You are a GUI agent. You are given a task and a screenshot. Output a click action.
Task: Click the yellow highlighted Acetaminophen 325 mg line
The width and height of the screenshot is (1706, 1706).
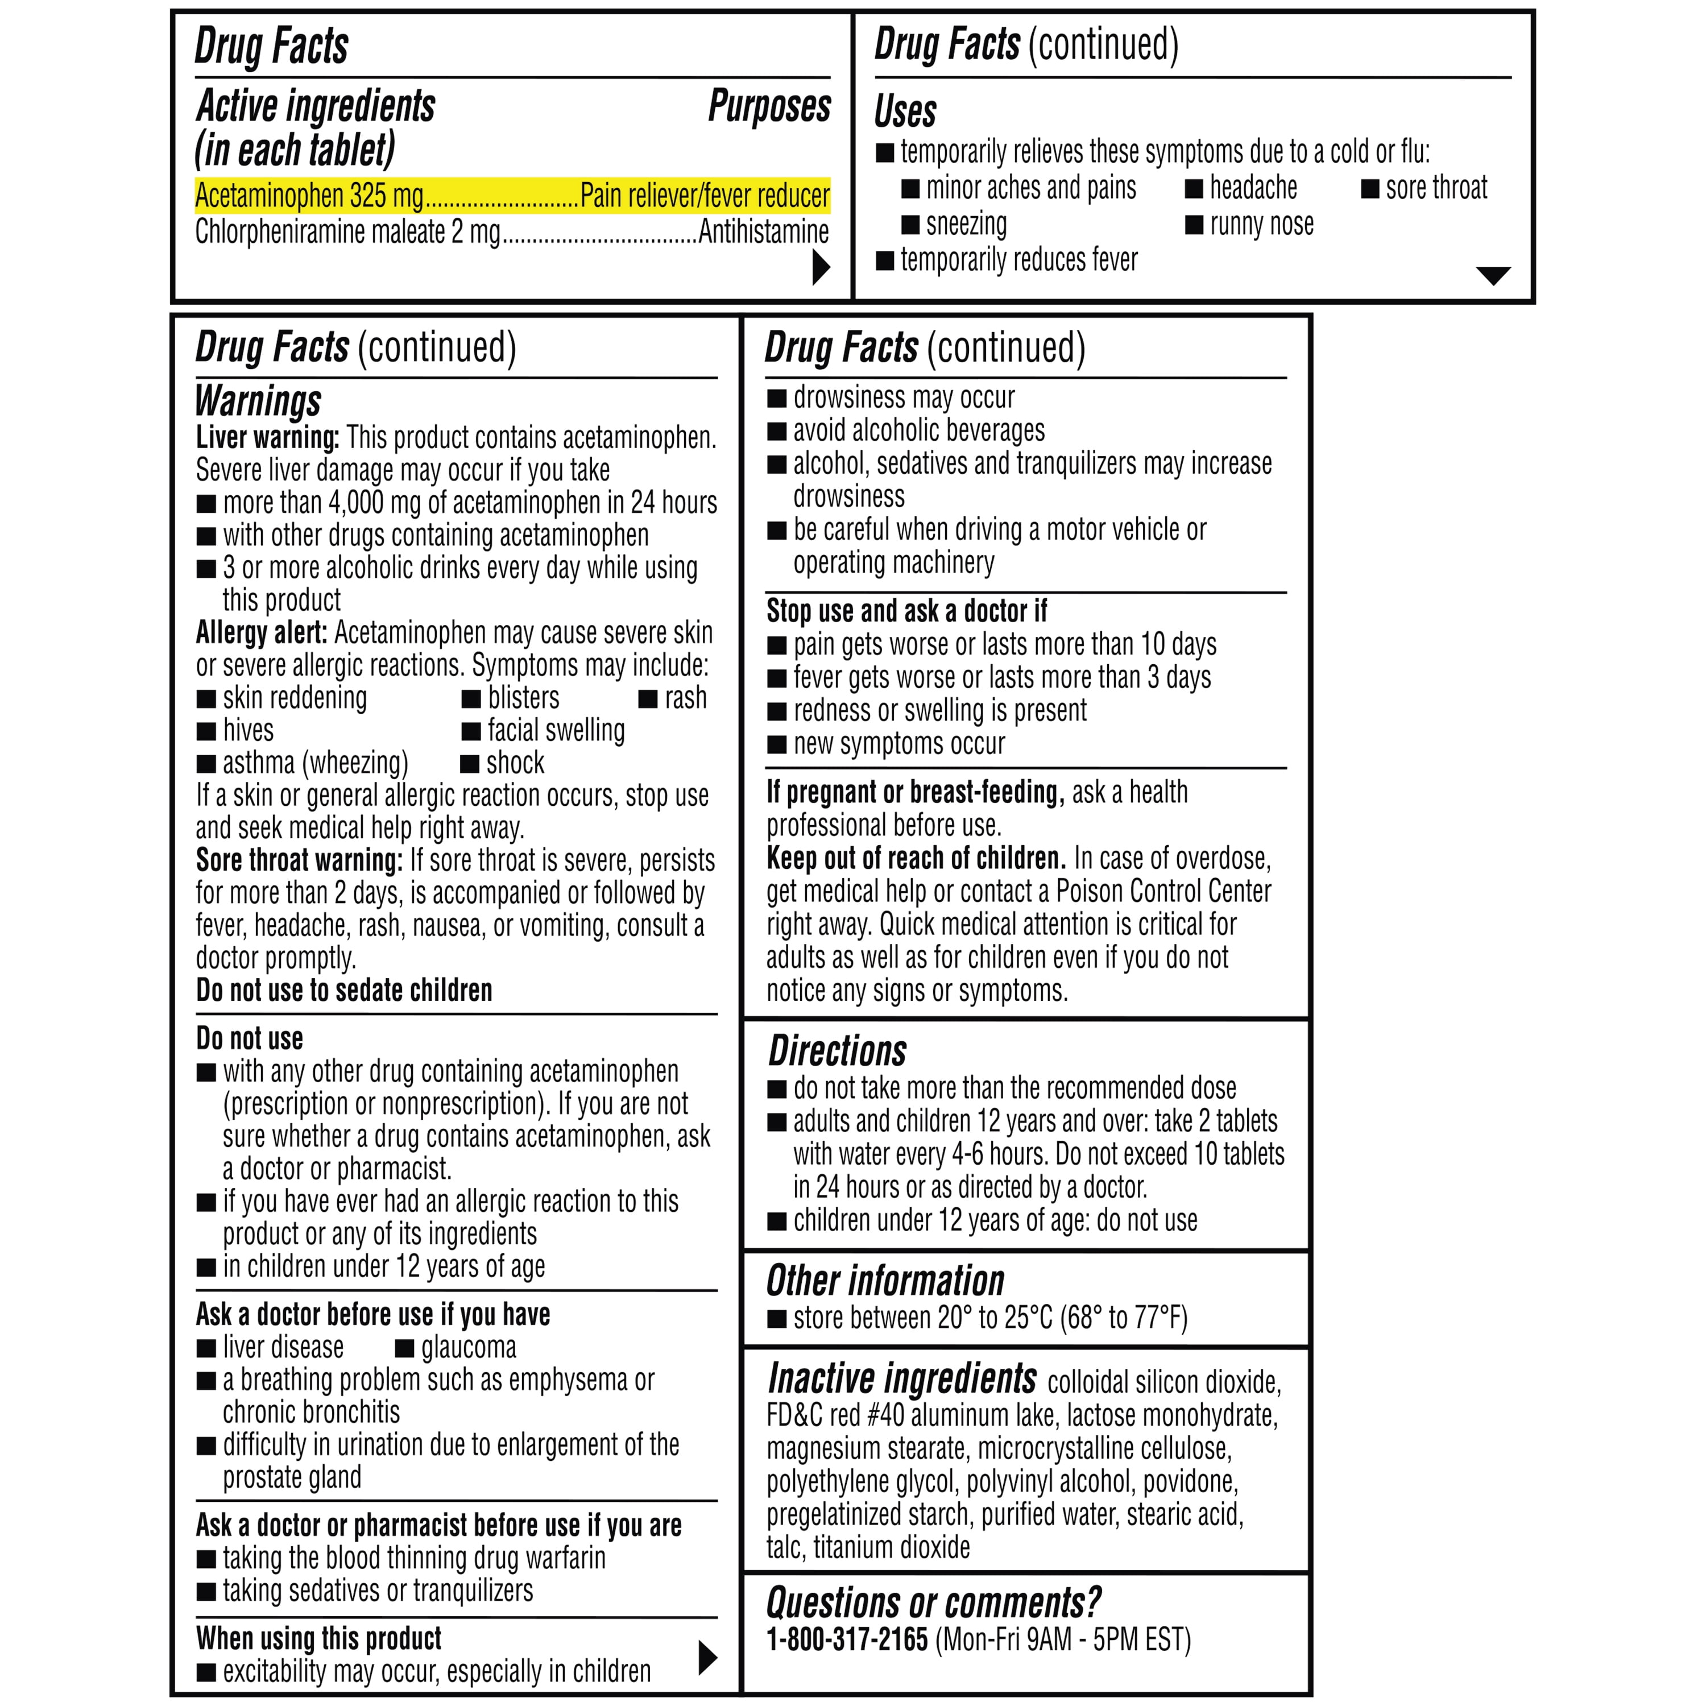[512, 195]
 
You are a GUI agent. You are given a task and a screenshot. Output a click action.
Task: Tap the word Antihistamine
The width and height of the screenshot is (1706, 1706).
[763, 232]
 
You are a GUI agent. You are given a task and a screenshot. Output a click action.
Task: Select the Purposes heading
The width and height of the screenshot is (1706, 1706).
[769, 106]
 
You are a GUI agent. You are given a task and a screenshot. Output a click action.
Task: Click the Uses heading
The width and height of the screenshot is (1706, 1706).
[905, 112]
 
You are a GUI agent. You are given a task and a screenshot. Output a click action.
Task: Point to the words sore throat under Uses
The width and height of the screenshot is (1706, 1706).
[1436, 188]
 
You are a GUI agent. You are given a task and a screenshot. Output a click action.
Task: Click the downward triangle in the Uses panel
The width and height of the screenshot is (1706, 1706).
[1492, 275]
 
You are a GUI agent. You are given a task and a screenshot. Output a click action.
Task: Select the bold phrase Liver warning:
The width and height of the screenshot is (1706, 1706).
[267, 438]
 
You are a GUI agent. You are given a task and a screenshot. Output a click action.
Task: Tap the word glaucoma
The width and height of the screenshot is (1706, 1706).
[468, 1348]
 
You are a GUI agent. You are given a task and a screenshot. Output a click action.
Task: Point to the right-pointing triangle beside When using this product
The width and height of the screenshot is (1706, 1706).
[707, 1658]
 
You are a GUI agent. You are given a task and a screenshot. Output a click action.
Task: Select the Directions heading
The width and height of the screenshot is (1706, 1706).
[837, 1051]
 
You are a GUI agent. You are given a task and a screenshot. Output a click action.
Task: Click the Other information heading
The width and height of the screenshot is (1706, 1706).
[885, 1281]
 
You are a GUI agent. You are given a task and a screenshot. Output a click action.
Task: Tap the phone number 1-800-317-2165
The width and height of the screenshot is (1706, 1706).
[847, 1640]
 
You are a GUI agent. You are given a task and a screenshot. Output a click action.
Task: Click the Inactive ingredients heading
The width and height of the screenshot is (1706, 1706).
[901, 1378]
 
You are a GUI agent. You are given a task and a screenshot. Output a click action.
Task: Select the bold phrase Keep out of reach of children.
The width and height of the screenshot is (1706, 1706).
[916, 858]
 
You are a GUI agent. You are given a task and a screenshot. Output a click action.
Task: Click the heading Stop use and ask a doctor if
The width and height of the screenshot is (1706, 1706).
[906, 611]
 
